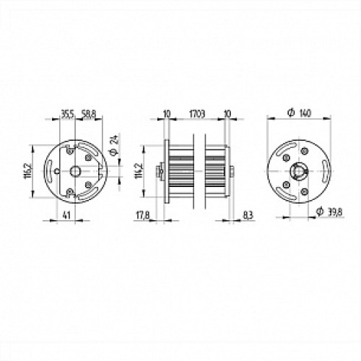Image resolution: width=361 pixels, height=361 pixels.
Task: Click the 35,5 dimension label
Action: (x=66, y=114)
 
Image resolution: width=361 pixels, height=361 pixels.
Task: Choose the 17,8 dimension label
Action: (x=142, y=214)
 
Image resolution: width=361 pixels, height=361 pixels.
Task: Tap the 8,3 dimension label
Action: (x=248, y=214)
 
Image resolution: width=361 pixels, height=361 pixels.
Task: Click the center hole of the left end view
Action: (x=76, y=171)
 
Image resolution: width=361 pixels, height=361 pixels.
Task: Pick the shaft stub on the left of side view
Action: (x=160, y=171)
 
